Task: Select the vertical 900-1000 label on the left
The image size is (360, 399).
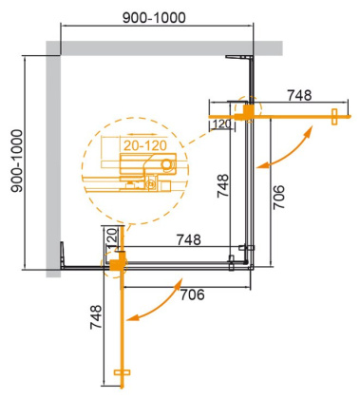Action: coord(12,159)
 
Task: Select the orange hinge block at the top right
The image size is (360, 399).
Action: coord(249,112)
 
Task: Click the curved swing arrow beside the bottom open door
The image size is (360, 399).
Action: coord(157,300)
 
